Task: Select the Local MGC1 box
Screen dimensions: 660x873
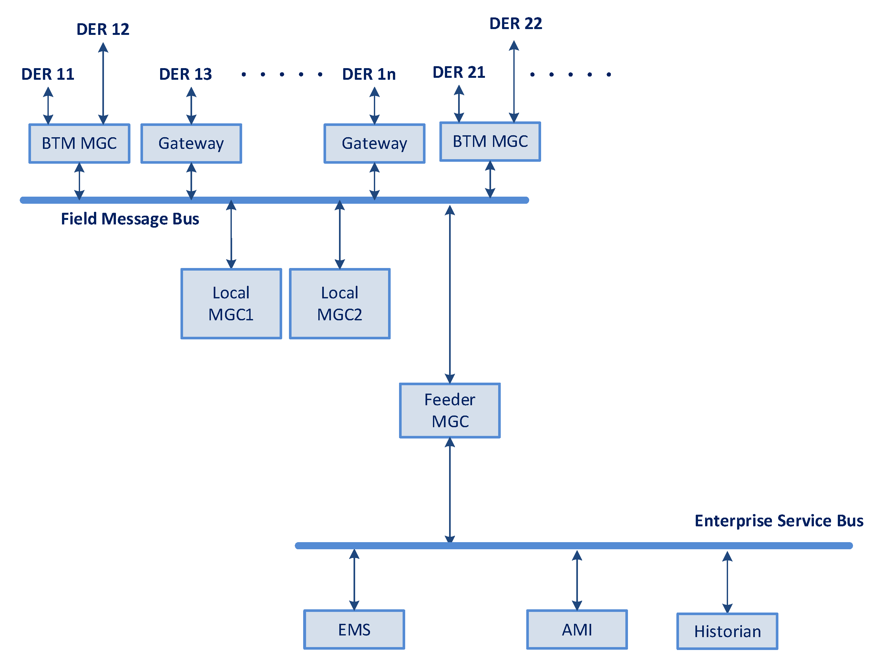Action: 231,304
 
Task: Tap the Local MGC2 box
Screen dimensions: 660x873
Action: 339,304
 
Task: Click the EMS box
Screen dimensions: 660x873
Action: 354,630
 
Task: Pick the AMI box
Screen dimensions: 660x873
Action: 577,630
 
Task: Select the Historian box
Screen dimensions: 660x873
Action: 727,631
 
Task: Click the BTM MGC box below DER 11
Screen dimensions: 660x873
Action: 79,143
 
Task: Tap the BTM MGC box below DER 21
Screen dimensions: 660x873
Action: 490,141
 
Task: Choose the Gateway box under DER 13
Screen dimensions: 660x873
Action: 191,143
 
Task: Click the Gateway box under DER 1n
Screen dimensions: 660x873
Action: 374,143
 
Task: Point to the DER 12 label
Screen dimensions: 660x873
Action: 103,29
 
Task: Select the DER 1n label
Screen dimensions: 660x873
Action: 369,74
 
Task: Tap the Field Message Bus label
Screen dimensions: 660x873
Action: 130,219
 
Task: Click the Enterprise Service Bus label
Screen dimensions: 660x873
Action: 779,521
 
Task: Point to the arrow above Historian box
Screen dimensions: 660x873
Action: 727,582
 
